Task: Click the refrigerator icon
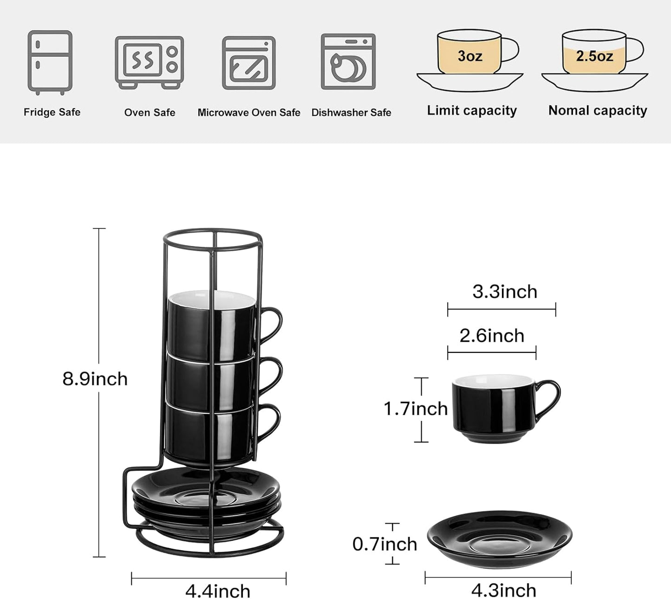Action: coord(50,62)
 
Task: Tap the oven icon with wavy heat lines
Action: coord(149,62)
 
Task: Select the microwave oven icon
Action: coord(249,63)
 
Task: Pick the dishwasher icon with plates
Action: coord(348,62)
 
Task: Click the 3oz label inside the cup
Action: coord(469,56)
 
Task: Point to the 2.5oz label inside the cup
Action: coord(594,56)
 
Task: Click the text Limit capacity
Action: coord(472,111)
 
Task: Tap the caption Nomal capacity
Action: coord(598,111)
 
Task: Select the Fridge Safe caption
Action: coord(52,112)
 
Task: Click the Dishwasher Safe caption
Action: coord(351,112)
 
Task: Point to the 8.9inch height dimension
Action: coord(95,379)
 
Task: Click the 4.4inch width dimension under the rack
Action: coord(218,591)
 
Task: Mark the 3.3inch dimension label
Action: coord(505,292)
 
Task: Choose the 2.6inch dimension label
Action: coord(492,336)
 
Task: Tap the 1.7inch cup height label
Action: coord(415,409)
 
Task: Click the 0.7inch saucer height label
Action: coord(384,544)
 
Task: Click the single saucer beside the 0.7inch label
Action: coord(500,539)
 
